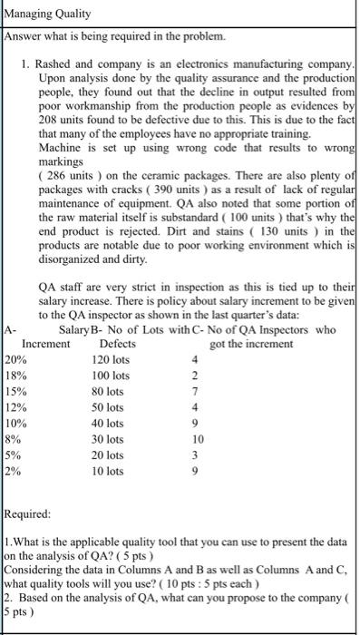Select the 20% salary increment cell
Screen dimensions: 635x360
[15, 359]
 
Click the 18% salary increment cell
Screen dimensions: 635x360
[15, 375]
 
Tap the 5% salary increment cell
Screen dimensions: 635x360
[13, 454]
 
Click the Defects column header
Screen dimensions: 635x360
[118, 344]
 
